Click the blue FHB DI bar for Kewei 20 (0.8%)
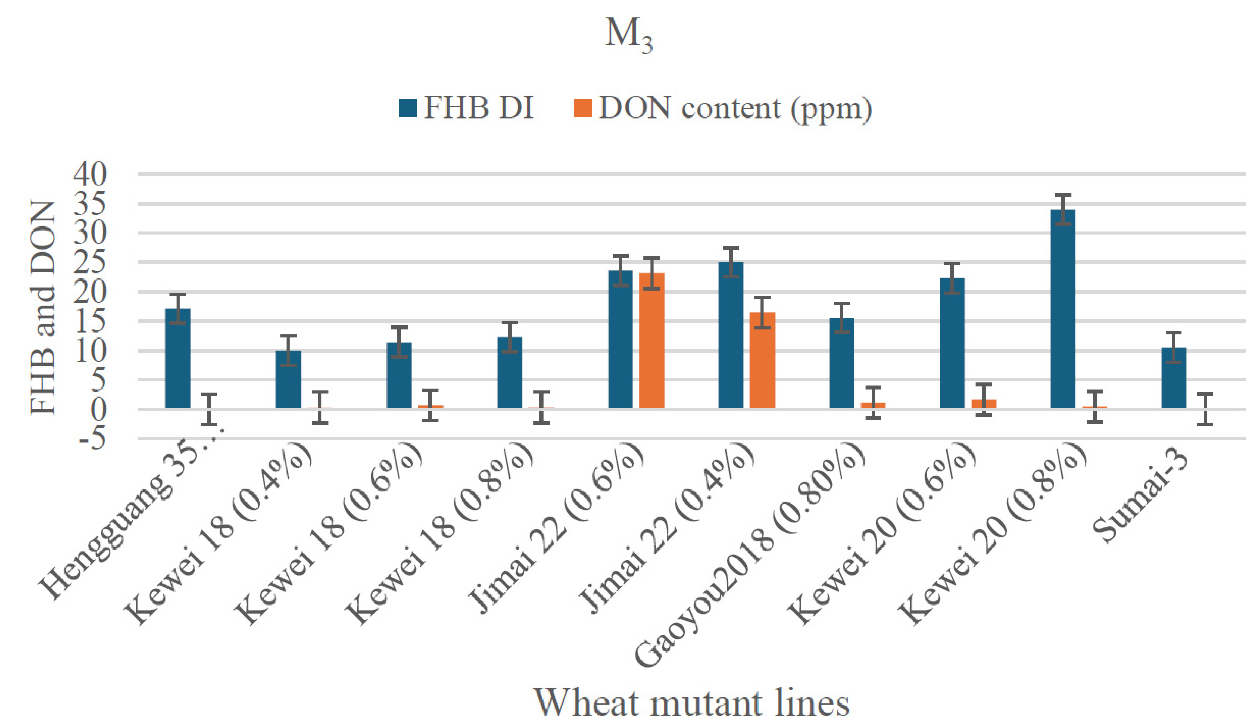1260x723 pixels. (1063, 309)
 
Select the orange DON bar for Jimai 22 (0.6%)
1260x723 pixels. (651, 341)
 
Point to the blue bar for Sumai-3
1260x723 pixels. (1174, 378)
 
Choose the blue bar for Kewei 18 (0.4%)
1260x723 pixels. (288, 379)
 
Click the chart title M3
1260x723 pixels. (629, 36)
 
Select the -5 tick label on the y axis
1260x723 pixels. (90, 439)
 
